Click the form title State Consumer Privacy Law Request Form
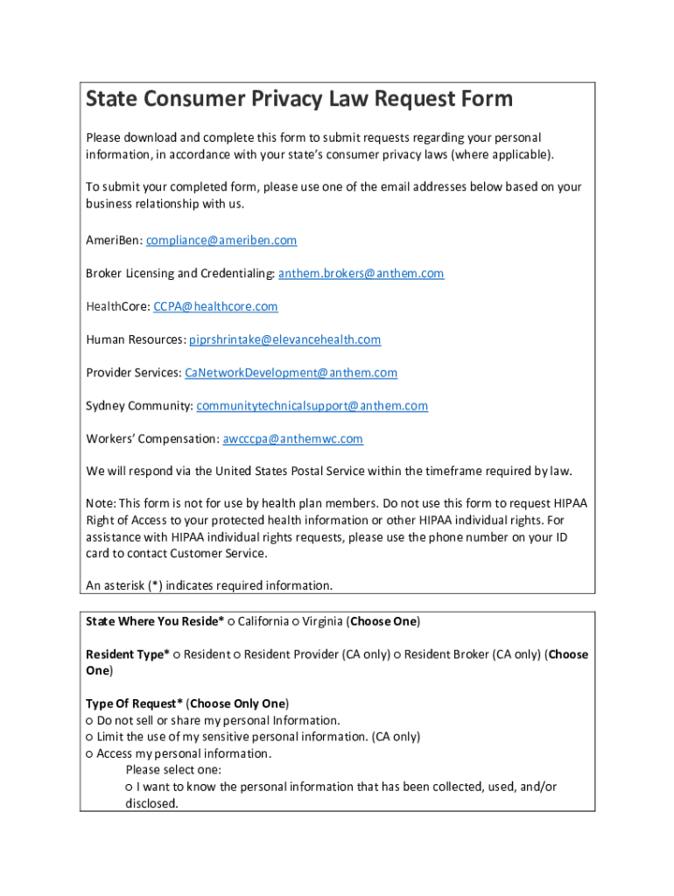[x=298, y=99]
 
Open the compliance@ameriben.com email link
[x=221, y=241]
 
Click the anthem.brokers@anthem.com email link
[x=361, y=274]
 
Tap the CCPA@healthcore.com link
[x=215, y=307]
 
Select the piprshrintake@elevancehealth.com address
[x=285, y=339]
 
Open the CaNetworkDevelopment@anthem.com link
[x=291, y=373]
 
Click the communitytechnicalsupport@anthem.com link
[x=312, y=406]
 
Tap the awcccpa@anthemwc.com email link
[x=292, y=439]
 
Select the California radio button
[x=231, y=622]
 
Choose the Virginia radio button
[x=296, y=622]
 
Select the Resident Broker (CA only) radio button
[x=397, y=655]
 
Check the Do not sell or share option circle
[x=89, y=721]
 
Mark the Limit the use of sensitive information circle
[x=89, y=738]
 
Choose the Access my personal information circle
[x=89, y=754]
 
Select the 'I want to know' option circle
[x=130, y=787]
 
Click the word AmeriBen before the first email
[x=113, y=241]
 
